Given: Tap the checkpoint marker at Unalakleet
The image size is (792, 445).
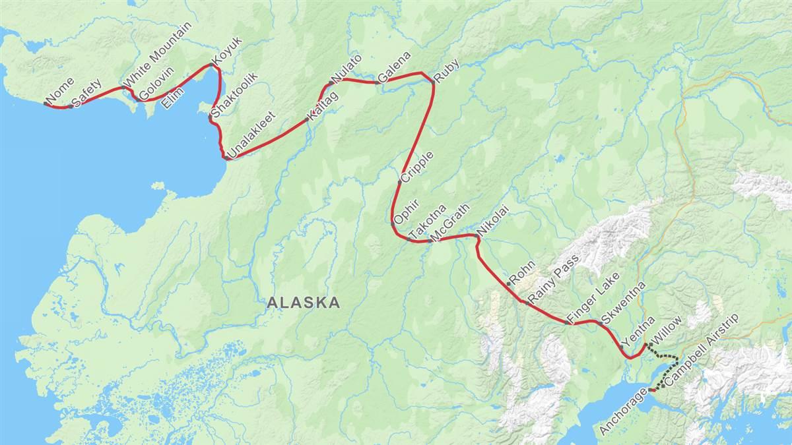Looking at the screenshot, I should (x=226, y=158).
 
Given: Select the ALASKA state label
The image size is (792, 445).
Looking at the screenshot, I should (x=304, y=303).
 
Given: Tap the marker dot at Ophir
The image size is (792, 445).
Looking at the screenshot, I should (x=393, y=224).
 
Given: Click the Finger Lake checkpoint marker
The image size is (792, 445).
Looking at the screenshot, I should (x=568, y=323).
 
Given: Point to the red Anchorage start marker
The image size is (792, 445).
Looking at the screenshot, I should (x=651, y=390).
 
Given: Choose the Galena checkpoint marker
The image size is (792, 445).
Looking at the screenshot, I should (x=378, y=82).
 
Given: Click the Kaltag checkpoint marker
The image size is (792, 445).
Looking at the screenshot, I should (x=308, y=120).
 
